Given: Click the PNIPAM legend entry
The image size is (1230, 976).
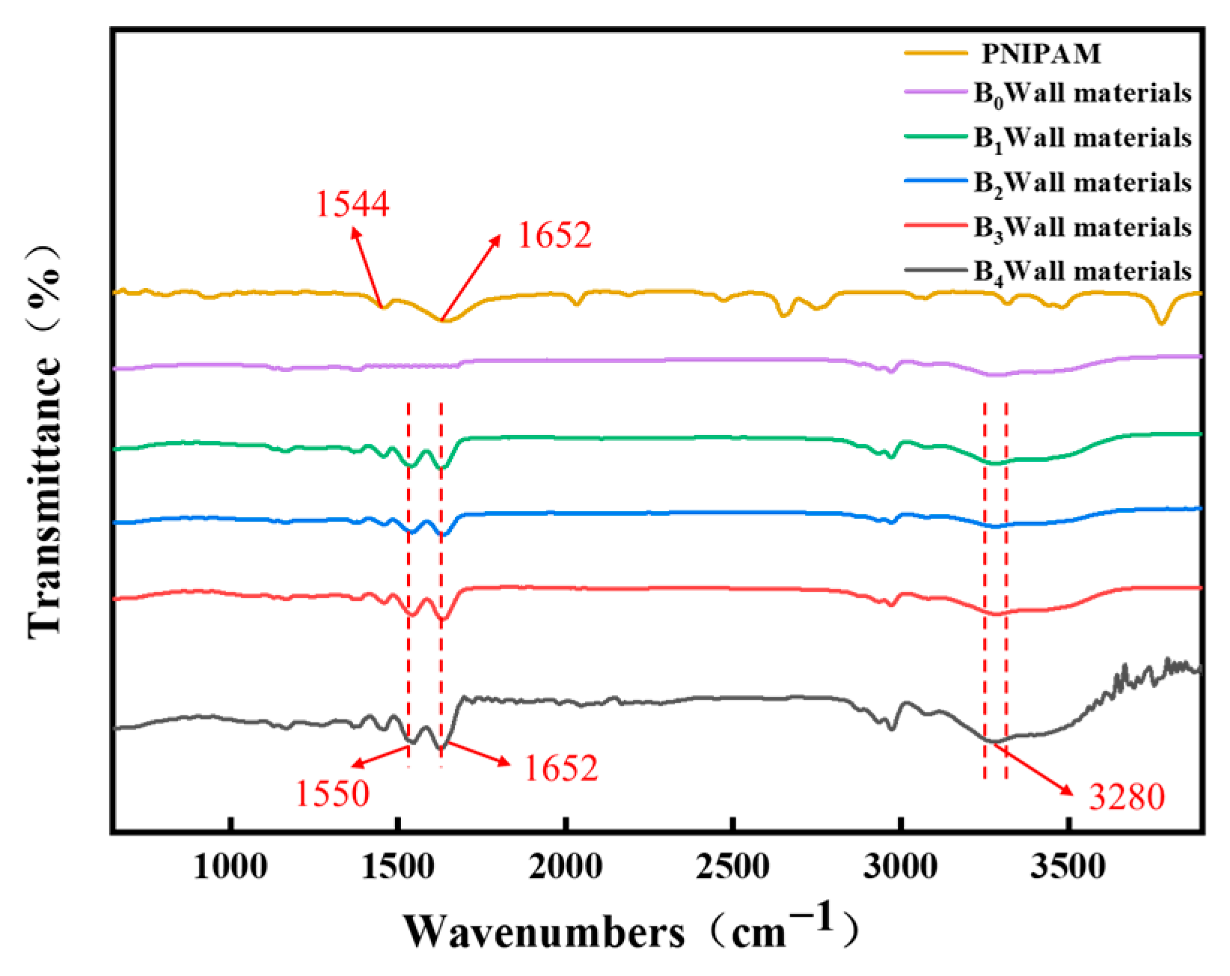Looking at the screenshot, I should pos(1041,54).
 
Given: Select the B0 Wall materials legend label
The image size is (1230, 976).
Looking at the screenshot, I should pos(1082,94).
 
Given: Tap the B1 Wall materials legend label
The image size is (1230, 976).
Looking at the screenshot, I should pos(1082,138).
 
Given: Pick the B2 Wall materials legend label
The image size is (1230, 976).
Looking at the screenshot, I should pos(1082,183).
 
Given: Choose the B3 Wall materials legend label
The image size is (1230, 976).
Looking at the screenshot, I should pos(1082,228).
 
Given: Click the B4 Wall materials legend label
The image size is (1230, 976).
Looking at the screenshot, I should pos(1082,272).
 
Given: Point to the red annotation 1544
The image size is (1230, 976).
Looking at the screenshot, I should pos(352,204).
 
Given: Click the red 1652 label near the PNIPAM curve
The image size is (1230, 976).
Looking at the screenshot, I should pos(554,236).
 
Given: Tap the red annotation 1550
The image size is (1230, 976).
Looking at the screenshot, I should pos(332,794).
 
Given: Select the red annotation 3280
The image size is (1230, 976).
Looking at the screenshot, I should pos(1127,797).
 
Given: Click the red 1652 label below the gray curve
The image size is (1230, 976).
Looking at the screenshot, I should pos(560,769).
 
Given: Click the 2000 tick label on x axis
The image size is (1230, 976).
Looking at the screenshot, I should pos(566,867).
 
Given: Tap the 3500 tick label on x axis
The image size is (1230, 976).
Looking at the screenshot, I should pos(1069,867).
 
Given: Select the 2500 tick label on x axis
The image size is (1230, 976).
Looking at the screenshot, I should pos(733,867).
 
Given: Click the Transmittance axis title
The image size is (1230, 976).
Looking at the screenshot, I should pos(45,442).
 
